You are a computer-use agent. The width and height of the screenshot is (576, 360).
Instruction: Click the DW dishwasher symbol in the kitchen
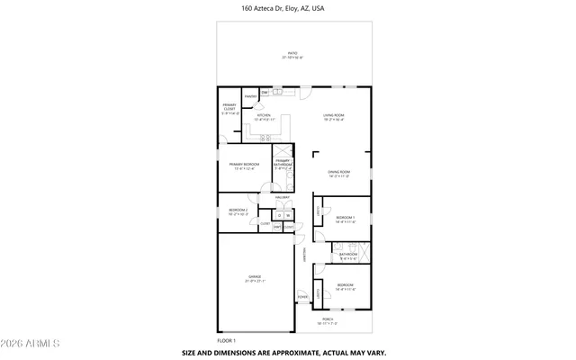(x=265, y=93)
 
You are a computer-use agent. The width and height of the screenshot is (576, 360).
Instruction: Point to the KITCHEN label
(x=264, y=116)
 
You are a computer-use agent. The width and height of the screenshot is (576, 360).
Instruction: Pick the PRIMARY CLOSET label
(x=229, y=108)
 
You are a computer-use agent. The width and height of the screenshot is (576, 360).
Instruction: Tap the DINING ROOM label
(x=338, y=173)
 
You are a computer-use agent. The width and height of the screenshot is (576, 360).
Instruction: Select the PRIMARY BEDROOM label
(x=244, y=166)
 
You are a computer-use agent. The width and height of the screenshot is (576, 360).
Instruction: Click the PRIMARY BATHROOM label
(x=283, y=164)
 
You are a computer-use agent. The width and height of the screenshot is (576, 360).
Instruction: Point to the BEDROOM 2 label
(x=238, y=211)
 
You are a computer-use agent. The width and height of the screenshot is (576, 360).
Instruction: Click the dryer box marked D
(x=280, y=216)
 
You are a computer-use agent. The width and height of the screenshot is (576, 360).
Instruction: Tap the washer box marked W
(x=288, y=216)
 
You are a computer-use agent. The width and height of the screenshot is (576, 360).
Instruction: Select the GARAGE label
(x=255, y=278)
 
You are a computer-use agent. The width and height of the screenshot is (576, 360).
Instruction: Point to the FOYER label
(x=302, y=295)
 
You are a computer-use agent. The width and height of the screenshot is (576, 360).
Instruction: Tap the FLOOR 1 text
(x=226, y=340)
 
